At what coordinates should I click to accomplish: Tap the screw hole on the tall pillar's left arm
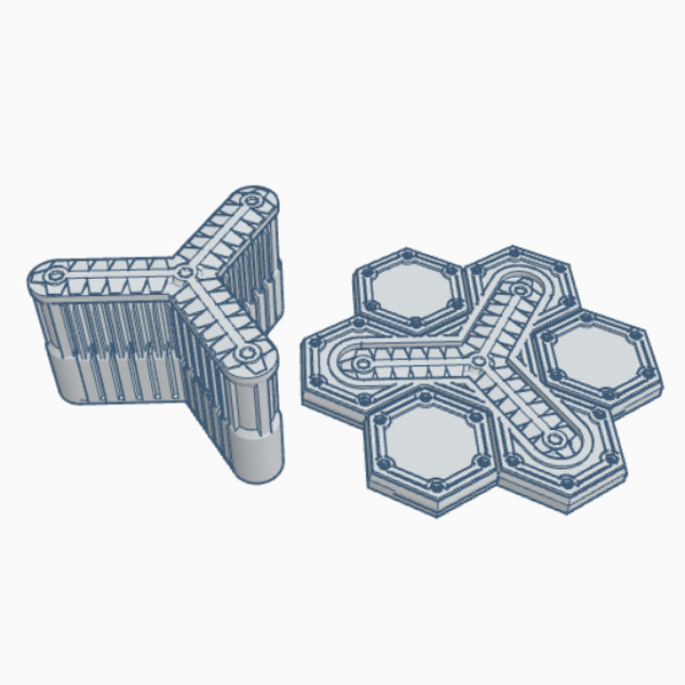[54, 274]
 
